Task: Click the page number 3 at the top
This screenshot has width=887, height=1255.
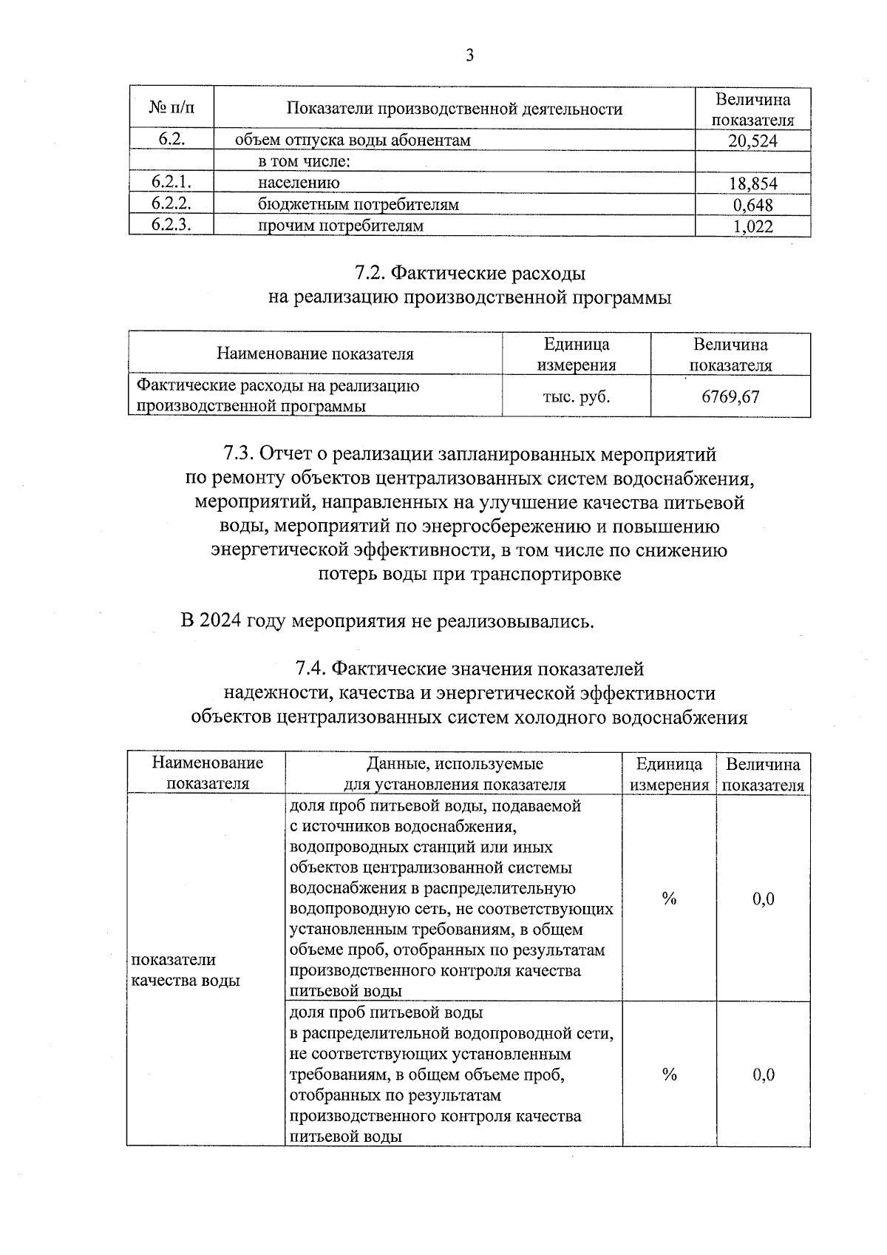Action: coord(469,56)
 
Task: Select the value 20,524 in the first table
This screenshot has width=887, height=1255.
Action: coord(752,141)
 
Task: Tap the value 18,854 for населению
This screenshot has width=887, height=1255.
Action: coord(752,183)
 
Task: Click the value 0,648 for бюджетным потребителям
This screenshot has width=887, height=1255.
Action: coord(753,205)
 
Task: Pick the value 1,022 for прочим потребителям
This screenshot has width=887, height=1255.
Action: coord(753,226)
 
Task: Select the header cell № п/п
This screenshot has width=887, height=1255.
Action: coord(171,109)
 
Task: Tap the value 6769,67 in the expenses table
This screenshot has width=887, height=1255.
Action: coord(730,396)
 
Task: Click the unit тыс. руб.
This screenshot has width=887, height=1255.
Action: coord(577,396)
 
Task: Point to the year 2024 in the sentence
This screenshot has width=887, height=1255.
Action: coord(221,620)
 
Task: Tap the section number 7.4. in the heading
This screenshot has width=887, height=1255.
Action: coord(310,669)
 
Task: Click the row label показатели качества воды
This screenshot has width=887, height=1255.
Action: coord(185,970)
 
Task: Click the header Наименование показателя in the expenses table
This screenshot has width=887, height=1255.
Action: coord(315,354)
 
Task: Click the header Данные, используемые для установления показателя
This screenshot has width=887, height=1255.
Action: coord(455,774)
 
